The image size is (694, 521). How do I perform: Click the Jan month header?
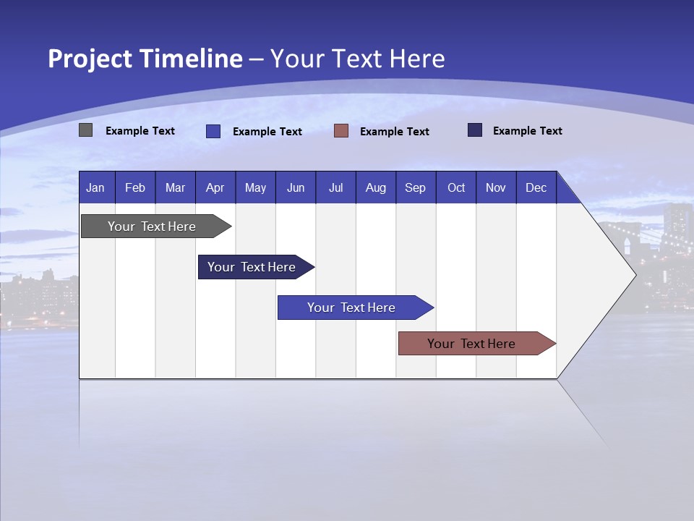coord(96,187)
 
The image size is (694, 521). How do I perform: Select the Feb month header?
coord(135,187)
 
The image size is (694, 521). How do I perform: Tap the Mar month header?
coord(175,187)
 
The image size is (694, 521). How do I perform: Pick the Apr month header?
coord(215,187)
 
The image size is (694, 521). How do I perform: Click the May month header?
coord(255,187)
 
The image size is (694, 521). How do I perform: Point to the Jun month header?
coord(296,187)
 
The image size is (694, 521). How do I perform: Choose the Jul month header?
coord(335,187)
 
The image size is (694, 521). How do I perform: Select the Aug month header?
coord(376,187)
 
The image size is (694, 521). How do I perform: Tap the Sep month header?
coord(416,187)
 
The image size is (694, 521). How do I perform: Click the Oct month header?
coord(456,187)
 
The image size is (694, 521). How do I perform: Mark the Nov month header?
coord(496,187)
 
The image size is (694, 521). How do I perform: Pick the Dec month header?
coord(536,187)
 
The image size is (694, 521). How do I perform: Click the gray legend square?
coord(86,130)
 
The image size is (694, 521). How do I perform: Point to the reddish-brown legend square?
coord(341,131)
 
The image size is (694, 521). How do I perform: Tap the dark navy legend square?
coord(475,130)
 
